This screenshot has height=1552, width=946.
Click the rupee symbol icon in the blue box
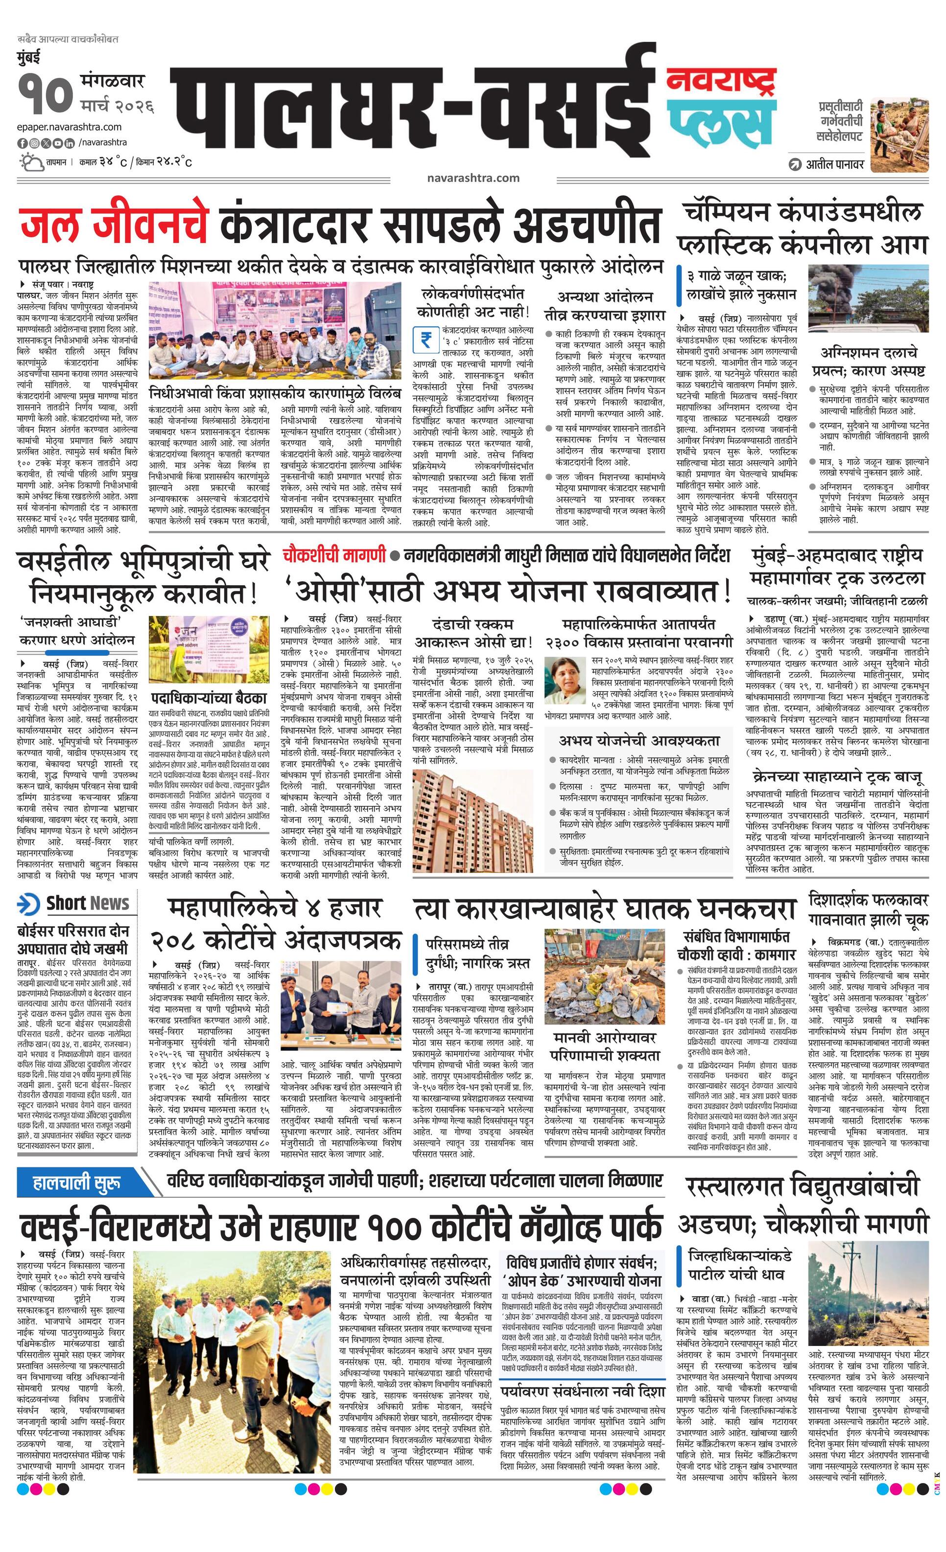[x=426, y=340]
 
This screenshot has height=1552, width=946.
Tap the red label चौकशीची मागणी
[x=334, y=555]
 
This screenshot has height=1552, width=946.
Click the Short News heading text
[x=88, y=903]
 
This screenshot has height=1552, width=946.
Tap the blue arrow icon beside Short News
[x=29, y=903]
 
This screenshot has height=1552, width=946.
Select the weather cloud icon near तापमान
[x=31, y=162]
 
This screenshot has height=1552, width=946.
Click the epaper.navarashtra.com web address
[x=70, y=127]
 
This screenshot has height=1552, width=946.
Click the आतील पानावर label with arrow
[x=828, y=164]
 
